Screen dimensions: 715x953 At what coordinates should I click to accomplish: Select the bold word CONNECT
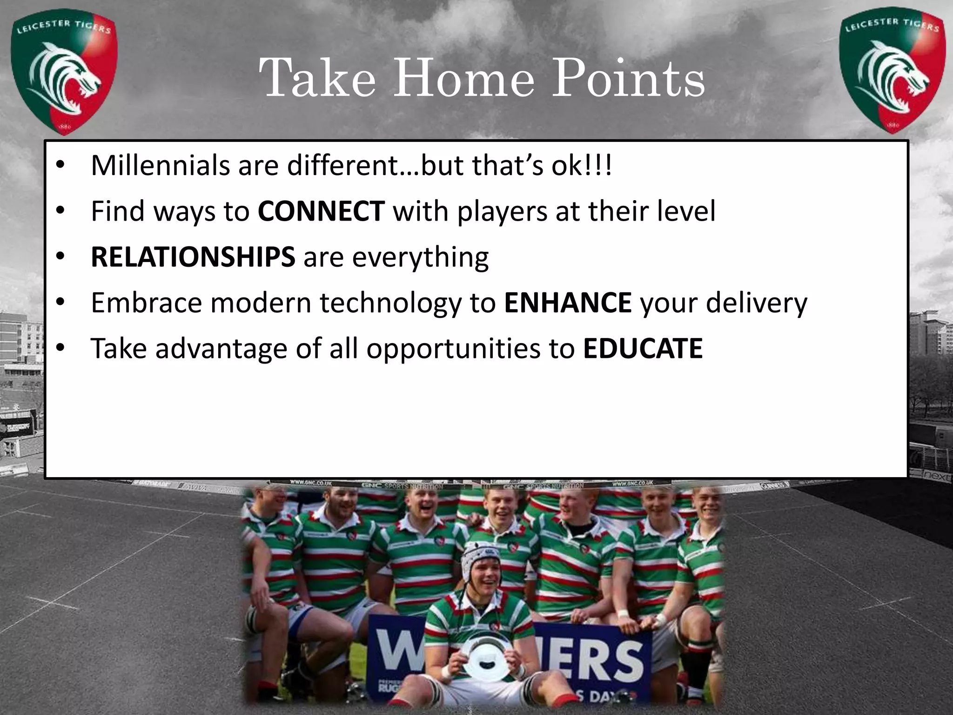click(x=321, y=211)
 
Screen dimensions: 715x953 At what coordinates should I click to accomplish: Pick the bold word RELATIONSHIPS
click(x=193, y=256)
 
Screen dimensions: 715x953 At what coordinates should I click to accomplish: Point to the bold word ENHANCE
click(x=568, y=303)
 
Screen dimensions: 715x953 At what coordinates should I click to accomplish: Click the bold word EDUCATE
click(x=643, y=348)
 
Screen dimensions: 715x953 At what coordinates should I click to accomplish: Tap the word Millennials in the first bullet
click(x=160, y=165)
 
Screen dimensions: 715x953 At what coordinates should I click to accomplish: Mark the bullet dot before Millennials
click(x=60, y=166)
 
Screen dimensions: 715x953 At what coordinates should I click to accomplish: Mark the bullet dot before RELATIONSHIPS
click(x=60, y=257)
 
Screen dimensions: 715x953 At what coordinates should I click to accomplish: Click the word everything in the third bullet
click(x=420, y=257)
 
